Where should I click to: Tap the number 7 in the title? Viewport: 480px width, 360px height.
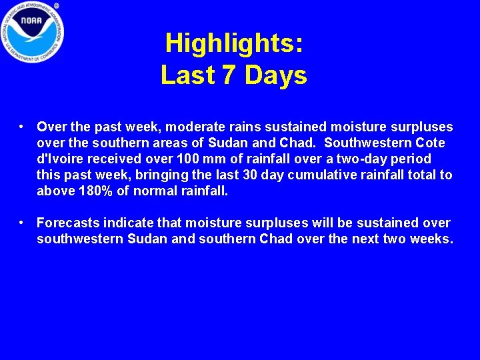pyautogui.click(x=228, y=75)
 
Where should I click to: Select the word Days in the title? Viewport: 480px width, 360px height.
pyautogui.click(x=276, y=75)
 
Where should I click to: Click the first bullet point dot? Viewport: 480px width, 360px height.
pyautogui.click(x=22, y=126)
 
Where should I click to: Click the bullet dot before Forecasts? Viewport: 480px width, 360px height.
pyautogui.click(x=22, y=222)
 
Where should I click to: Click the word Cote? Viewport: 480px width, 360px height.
pyautogui.click(x=431, y=143)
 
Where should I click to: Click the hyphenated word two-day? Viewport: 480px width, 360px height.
pyautogui.click(x=360, y=159)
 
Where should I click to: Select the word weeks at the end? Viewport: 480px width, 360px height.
pyautogui.click(x=431, y=239)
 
